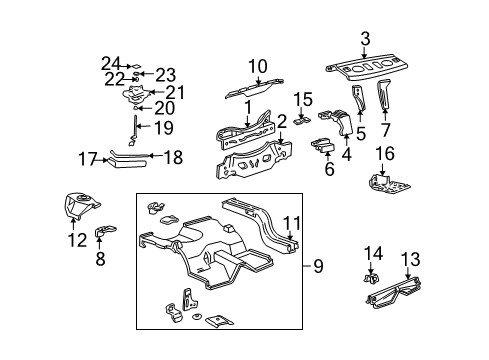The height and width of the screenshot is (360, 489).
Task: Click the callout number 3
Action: [365, 39]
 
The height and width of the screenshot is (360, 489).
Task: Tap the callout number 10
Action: [258, 66]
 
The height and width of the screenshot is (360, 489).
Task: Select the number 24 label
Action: [111, 64]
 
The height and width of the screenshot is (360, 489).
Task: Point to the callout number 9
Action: [318, 266]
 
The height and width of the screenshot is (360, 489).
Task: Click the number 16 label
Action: [385, 154]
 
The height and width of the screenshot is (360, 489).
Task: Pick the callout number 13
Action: [410, 259]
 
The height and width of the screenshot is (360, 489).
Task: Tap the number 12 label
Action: [78, 240]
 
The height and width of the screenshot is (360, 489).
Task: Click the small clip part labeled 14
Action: [371, 278]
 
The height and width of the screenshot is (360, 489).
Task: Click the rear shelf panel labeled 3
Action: [367, 68]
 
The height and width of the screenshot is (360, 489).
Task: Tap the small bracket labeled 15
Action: [302, 120]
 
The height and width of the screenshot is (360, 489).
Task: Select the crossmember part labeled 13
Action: [394, 293]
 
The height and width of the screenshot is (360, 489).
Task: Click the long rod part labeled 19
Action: [135, 130]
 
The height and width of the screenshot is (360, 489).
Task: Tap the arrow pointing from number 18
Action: [155, 155]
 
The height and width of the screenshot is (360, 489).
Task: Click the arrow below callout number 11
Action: [291, 235]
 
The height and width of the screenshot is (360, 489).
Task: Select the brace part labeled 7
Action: [384, 94]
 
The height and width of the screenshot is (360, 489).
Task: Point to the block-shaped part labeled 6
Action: [323, 145]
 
